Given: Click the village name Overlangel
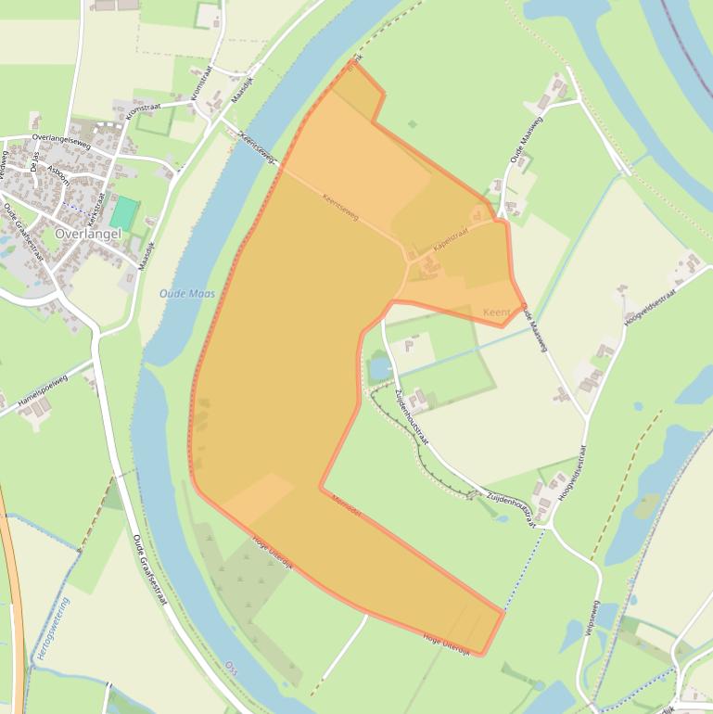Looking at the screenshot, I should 88,235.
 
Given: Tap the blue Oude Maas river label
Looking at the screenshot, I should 186,293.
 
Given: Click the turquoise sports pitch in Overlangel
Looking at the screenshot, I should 124,212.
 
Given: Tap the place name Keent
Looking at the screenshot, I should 496,313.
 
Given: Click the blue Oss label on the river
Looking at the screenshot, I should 231,666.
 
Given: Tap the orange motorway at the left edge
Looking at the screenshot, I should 13,593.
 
